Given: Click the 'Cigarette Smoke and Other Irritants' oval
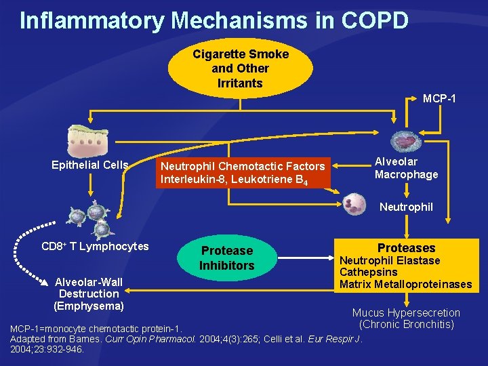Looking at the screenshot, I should click(240, 68).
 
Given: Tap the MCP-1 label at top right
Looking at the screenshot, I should click(439, 99).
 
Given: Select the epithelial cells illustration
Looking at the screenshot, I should click(88, 141).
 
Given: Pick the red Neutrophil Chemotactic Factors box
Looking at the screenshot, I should click(243, 173).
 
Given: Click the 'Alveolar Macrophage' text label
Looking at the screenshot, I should click(406, 168).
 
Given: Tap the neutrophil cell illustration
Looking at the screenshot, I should click(354, 203).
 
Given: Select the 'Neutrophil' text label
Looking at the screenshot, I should click(406, 207).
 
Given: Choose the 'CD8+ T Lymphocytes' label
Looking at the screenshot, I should click(95, 246).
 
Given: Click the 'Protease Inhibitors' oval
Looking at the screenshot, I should click(226, 258).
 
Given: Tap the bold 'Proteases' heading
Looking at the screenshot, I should click(406, 248).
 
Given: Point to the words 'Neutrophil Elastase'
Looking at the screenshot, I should click(390, 260).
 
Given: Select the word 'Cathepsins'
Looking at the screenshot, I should click(369, 272).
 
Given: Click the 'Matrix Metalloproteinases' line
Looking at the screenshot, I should click(405, 284).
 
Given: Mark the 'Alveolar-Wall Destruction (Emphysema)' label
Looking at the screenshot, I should click(88, 293).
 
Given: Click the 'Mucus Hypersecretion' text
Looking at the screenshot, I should click(405, 312).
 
